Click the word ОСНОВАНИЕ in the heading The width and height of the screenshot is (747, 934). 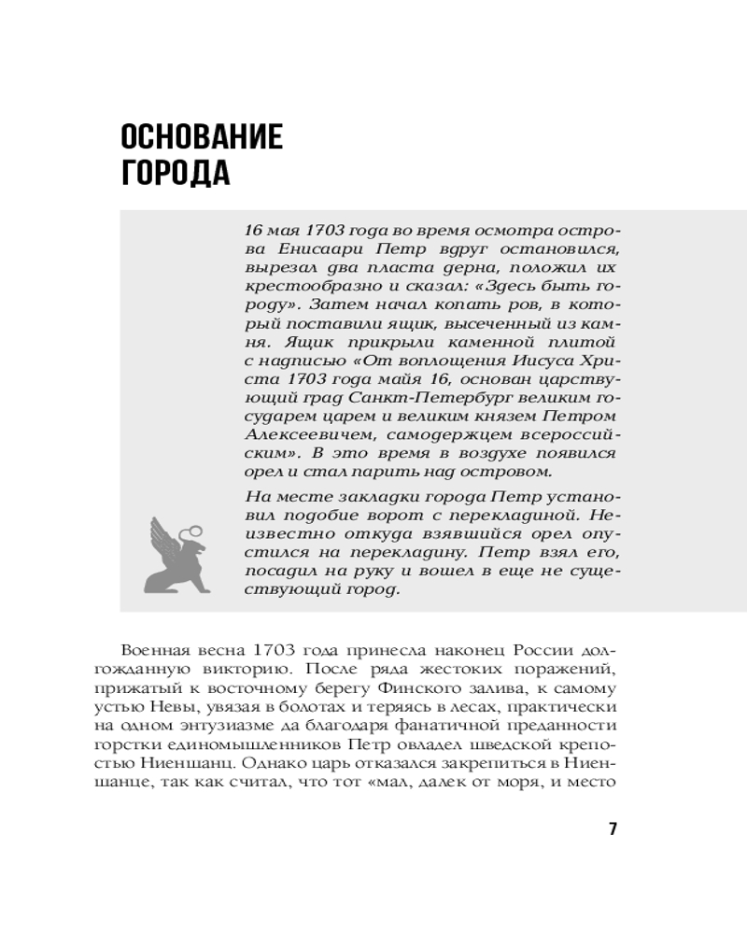[202, 138]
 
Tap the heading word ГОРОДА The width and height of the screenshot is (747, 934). [176, 173]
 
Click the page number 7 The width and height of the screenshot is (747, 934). [613, 828]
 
